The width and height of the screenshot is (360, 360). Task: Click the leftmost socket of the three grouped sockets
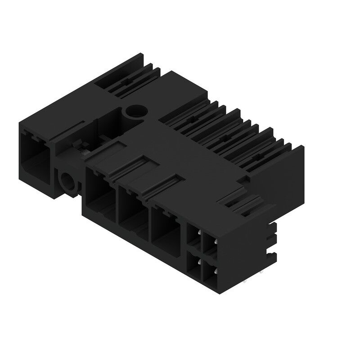click(100, 193)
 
